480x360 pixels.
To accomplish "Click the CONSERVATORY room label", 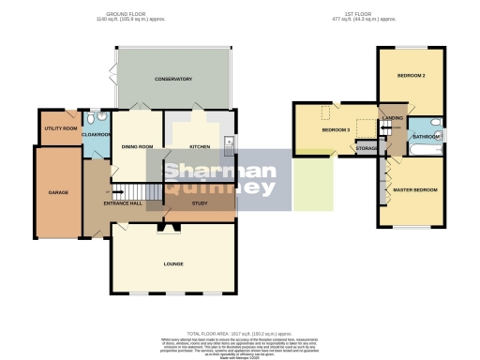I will [172, 78].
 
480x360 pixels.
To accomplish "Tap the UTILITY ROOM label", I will [58, 128].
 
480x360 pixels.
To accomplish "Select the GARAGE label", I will [58, 192].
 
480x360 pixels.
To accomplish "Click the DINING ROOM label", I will [137, 146].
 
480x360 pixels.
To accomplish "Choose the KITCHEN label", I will [199, 146].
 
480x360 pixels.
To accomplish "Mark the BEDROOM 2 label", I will [412, 75].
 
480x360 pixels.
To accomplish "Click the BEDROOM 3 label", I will [335, 129].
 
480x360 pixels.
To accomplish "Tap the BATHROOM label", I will [425, 137].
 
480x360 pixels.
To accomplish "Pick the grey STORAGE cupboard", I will [367, 148].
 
